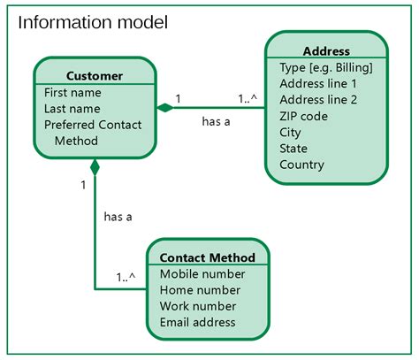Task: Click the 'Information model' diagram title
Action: pos(93,21)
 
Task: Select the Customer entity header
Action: pos(95,75)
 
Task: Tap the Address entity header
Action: pos(325,51)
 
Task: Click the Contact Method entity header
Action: pos(207,257)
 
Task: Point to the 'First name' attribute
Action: pos(72,92)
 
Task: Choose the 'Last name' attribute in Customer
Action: pos(72,108)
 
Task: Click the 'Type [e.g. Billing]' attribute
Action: pos(325,67)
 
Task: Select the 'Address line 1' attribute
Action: pos(317,83)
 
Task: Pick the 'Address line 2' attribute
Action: pos(317,99)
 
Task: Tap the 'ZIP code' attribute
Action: pos(303,116)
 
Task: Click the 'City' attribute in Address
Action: pos(290,132)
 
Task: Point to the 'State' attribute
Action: pos(293,148)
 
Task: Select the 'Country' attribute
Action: pos(301,165)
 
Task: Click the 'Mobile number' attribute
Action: pos(202,274)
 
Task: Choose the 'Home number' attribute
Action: pos(200,290)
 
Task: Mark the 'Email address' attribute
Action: pos(198,322)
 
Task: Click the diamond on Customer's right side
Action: pos(164,108)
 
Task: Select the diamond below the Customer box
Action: pos(95,165)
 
